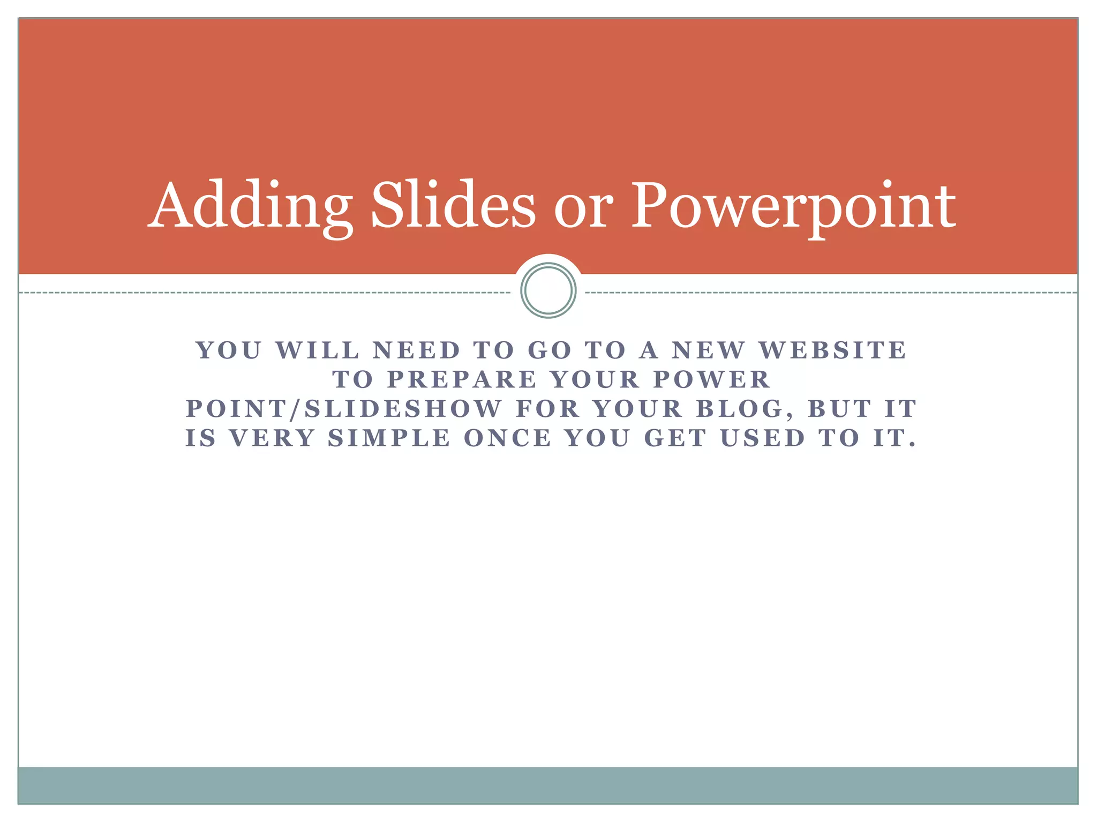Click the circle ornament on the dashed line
pos(548,290)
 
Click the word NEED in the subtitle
pos(417,350)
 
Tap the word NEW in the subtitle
pos(709,350)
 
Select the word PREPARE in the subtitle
pos(462,380)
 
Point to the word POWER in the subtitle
pos(712,380)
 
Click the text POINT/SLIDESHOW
pos(344,409)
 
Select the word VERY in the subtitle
pos(273,438)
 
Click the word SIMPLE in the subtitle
pos(389,438)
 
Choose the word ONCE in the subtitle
pos(507,438)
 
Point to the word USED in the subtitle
pos(763,438)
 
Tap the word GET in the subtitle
pos(675,438)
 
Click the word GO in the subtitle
pos(550,350)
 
